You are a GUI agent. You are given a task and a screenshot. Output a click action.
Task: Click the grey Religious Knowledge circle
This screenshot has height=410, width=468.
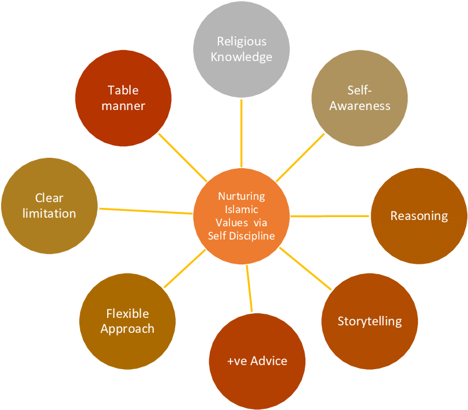[x=241, y=50]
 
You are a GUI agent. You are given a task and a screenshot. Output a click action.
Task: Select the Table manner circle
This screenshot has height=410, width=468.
[x=123, y=98]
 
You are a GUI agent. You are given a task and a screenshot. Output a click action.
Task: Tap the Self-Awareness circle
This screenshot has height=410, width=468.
[x=360, y=98]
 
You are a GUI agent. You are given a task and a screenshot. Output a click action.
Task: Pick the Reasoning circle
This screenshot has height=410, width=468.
[x=419, y=216]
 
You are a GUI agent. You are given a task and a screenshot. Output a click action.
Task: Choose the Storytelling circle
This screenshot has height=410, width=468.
[x=369, y=321]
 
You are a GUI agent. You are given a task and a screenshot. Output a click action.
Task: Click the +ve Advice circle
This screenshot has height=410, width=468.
[x=257, y=361]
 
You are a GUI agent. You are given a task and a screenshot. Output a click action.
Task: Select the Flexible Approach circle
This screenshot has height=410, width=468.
[x=127, y=321]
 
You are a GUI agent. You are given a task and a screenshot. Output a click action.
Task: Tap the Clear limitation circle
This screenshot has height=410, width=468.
[x=49, y=206]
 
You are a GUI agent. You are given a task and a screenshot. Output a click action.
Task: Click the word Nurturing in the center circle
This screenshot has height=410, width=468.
[x=241, y=196]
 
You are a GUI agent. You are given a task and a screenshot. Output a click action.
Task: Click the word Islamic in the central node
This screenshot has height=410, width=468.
[x=241, y=210]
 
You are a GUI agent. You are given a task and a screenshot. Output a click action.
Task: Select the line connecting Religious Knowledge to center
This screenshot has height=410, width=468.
[x=241, y=133]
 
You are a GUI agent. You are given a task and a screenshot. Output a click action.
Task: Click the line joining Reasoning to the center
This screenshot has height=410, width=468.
[x=330, y=216]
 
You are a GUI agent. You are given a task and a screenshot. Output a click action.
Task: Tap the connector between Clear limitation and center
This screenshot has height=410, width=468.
[x=146, y=211]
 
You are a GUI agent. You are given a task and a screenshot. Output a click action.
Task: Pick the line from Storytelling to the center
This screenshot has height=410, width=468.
[x=305, y=268]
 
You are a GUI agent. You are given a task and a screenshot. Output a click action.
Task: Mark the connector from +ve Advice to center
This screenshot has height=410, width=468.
[x=249, y=288]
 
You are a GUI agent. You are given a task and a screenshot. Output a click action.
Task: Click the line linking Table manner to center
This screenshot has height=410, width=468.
[x=183, y=157]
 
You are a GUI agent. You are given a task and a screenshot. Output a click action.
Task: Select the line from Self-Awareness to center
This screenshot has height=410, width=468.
[x=300, y=157]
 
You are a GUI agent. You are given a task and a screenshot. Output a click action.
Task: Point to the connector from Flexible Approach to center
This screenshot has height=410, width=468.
[x=185, y=269]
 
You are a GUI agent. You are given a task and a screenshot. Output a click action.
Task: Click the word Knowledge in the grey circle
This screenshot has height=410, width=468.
[x=241, y=57]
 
